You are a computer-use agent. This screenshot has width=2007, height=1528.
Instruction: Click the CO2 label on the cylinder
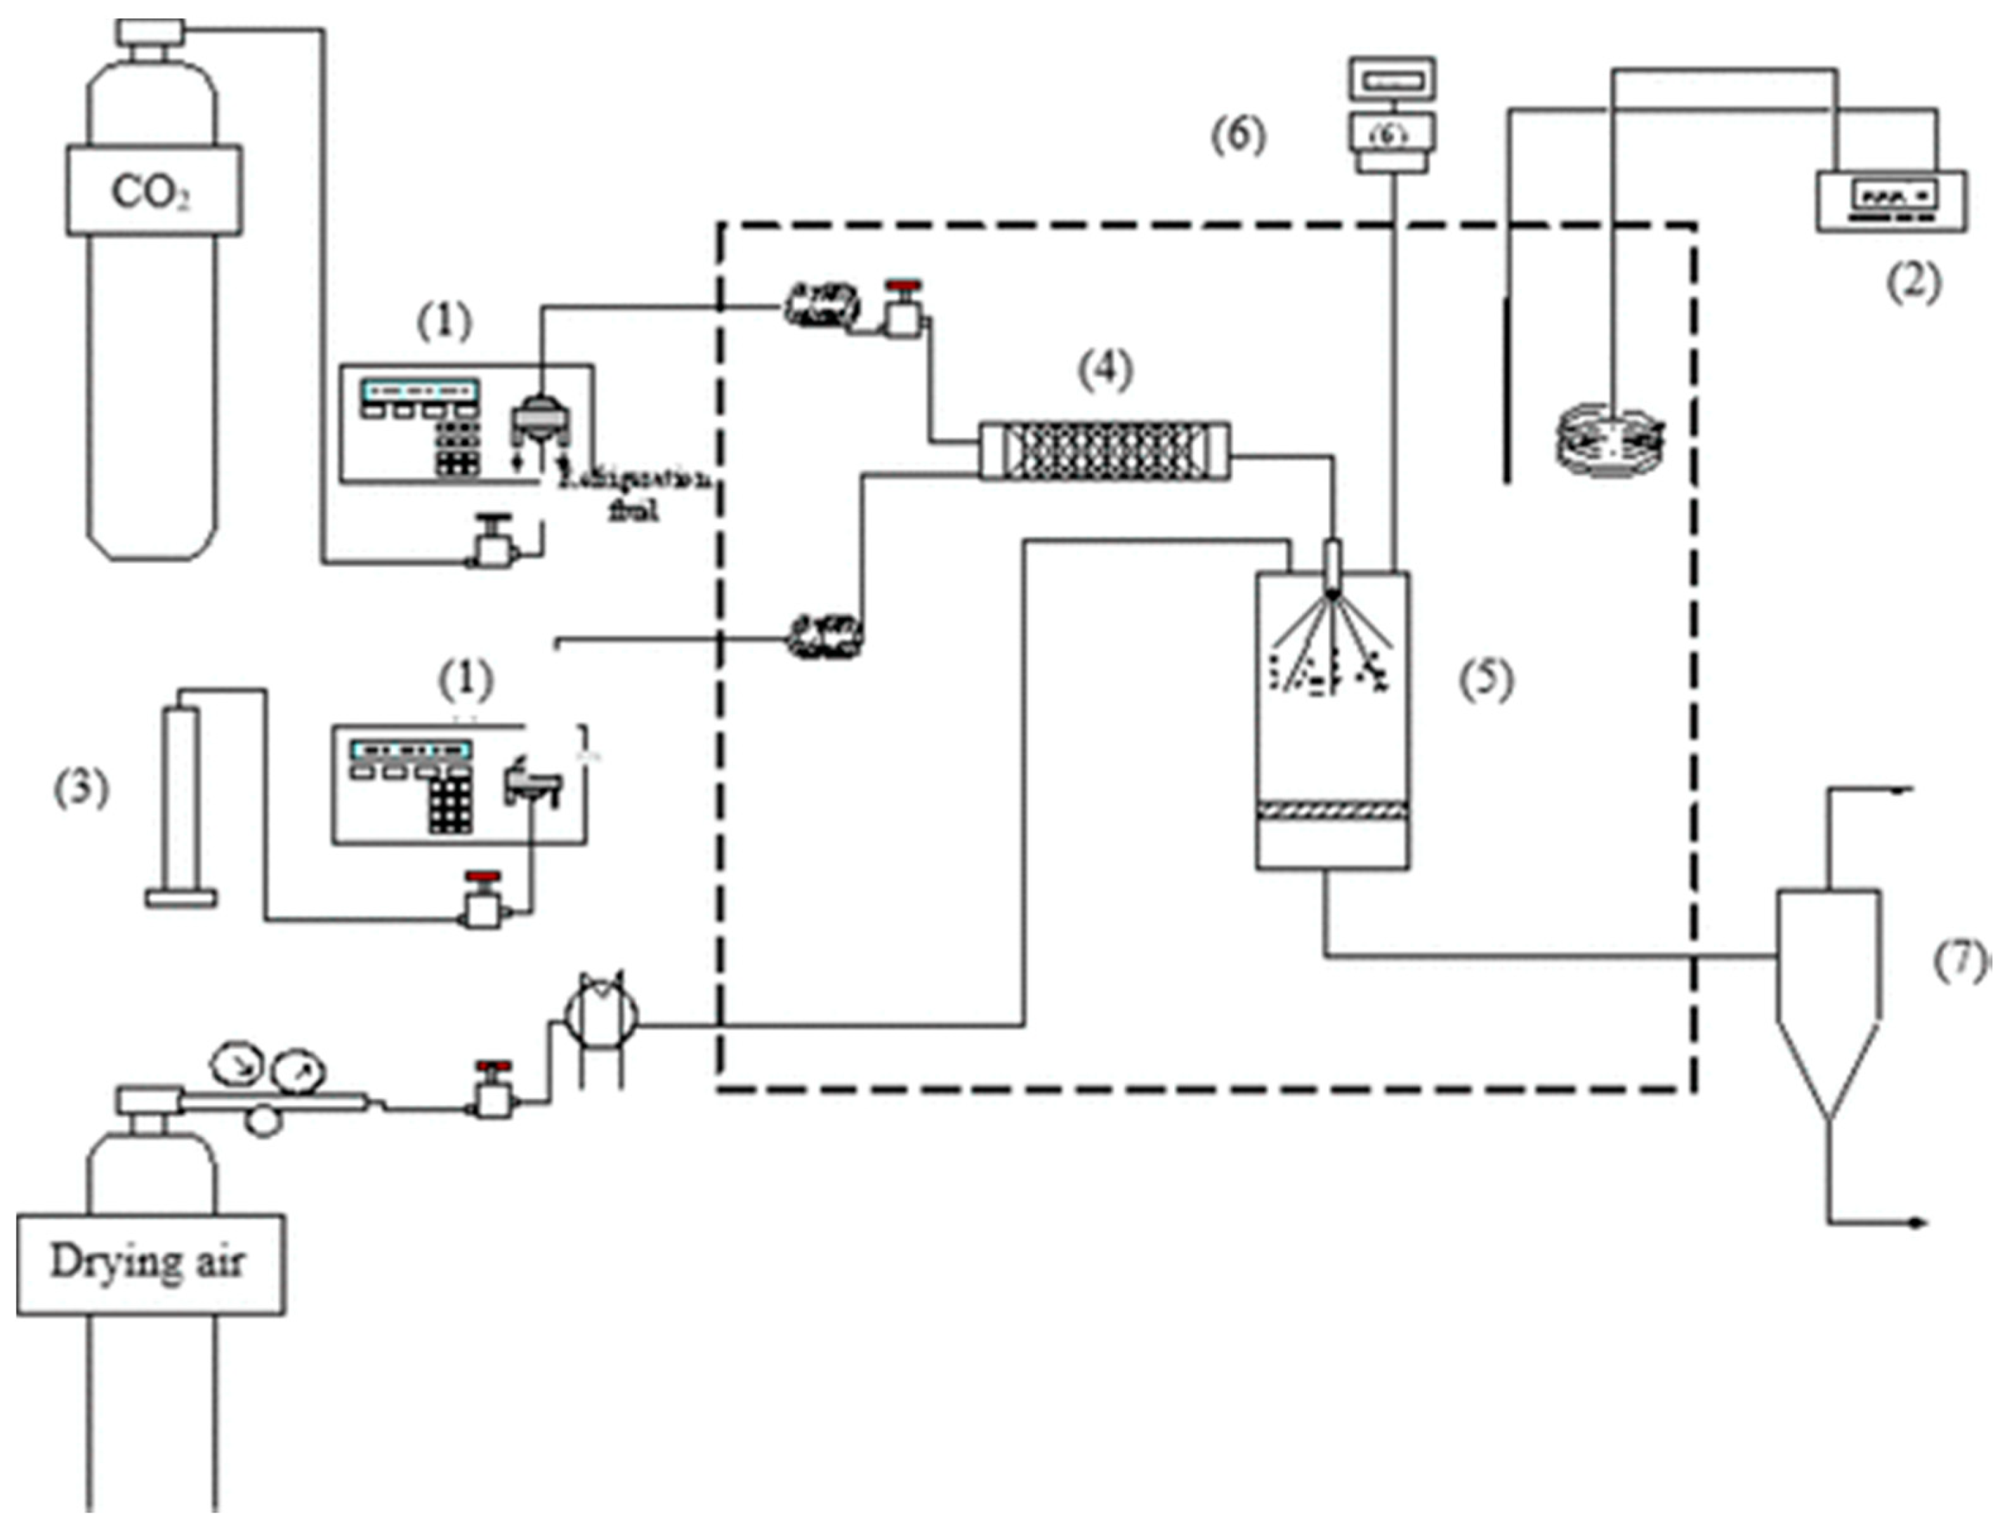pyautogui.click(x=151, y=192)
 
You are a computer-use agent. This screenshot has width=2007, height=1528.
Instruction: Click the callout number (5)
pyautogui.click(x=1486, y=680)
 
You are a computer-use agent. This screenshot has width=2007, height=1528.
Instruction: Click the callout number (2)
pyautogui.click(x=1911, y=282)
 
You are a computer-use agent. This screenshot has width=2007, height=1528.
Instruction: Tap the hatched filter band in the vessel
pyautogui.click(x=1332, y=810)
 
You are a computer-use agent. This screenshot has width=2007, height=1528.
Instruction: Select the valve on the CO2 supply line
pyautogui.click(x=493, y=545)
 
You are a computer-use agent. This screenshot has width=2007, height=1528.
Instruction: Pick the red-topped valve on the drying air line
pyautogui.click(x=494, y=1091)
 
